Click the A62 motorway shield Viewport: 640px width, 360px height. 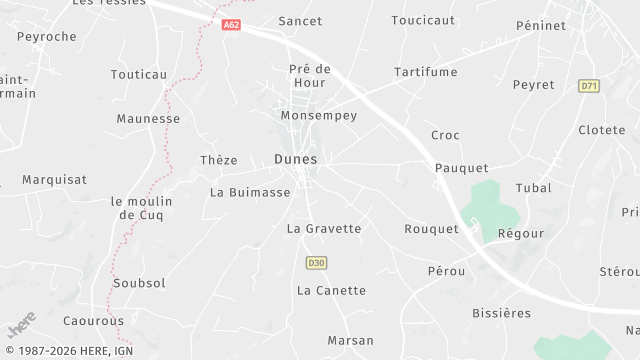point(232,25)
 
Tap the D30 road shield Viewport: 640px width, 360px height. point(316,263)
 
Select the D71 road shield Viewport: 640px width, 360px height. point(589,87)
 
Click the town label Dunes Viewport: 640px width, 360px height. point(295,159)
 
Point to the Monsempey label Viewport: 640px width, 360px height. point(318,116)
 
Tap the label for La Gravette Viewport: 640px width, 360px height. point(324,229)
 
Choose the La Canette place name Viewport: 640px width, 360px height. point(332,291)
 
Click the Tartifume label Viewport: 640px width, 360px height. point(425,72)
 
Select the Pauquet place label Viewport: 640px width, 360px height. point(461,168)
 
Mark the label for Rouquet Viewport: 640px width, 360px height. point(431,229)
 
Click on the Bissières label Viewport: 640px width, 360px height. point(502,314)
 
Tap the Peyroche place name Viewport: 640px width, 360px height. point(47,36)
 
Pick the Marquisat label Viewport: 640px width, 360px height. point(55,180)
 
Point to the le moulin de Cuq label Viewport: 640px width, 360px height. point(141,208)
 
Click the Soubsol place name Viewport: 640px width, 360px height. point(140,283)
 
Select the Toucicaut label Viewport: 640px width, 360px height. point(423,20)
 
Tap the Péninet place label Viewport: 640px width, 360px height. point(541,25)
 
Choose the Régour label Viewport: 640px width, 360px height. point(521,233)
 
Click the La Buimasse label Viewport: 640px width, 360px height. point(250,192)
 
